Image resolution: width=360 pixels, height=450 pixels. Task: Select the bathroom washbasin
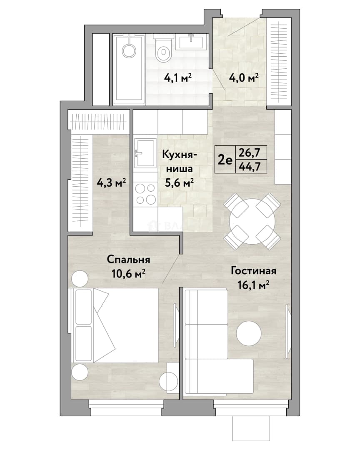(192, 42)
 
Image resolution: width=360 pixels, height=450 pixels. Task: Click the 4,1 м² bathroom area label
(177, 77)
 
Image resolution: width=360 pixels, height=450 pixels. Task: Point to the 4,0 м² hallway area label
(244, 77)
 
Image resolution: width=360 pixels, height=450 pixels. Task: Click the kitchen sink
(145, 152)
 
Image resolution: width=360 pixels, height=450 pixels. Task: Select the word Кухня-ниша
(180, 162)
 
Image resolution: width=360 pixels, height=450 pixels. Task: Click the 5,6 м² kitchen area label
(179, 182)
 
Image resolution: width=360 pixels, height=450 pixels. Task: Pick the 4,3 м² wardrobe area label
(111, 182)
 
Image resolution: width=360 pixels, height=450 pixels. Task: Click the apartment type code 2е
(225, 160)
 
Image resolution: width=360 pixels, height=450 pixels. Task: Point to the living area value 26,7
(250, 152)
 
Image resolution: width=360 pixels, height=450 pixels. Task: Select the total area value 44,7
(250, 166)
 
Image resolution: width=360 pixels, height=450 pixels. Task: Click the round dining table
(252, 221)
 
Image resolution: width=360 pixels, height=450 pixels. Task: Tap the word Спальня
(128, 260)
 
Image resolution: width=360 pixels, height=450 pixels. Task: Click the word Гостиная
(253, 271)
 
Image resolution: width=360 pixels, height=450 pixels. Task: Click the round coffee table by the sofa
(249, 333)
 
